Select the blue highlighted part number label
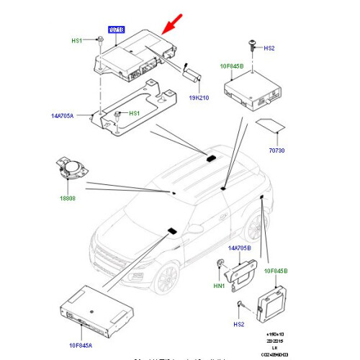(116, 30)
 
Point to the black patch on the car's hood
(172, 230)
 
